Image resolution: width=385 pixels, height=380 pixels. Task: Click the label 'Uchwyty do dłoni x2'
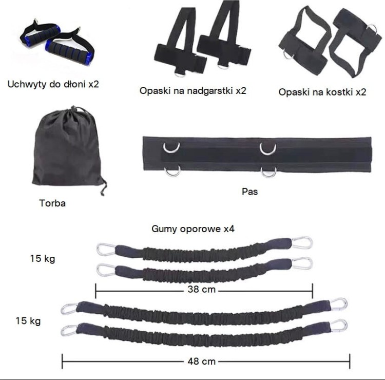tap(53, 84)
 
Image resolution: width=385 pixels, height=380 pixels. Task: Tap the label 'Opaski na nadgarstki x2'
tap(192, 91)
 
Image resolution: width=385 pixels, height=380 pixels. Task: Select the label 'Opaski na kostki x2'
tap(322, 92)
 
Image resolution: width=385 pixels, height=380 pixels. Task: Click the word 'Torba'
tap(52, 203)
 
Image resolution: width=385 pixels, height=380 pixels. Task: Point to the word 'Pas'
tap(249, 192)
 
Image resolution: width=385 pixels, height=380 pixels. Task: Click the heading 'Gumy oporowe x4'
tap(193, 229)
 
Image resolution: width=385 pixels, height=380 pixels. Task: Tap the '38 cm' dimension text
tap(201, 289)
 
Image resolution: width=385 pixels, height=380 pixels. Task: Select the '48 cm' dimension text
tap(201, 362)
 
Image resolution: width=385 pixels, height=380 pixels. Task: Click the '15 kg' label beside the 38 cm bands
tap(43, 259)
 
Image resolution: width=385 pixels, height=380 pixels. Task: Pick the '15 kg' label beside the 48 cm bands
tap(28, 321)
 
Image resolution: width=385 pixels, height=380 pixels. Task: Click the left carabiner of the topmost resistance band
tap(106, 250)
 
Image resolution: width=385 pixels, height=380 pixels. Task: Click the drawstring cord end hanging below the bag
tap(104, 187)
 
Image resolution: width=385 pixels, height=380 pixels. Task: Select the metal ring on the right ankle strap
tap(373, 28)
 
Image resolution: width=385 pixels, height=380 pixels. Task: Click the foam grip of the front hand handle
tap(69, 50)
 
